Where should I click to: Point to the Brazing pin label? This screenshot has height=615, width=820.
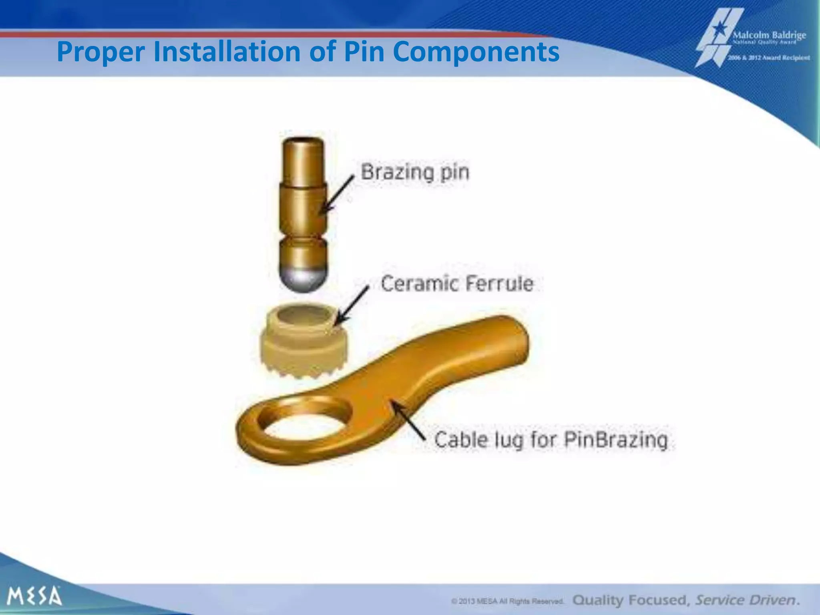(415, 173)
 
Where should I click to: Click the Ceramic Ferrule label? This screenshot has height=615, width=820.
(457, 283)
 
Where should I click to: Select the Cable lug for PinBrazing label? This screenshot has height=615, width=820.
(551, 440)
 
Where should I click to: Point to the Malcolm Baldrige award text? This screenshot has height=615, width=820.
(769, 36)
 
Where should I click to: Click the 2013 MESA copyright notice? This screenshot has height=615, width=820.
(508, 601)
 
